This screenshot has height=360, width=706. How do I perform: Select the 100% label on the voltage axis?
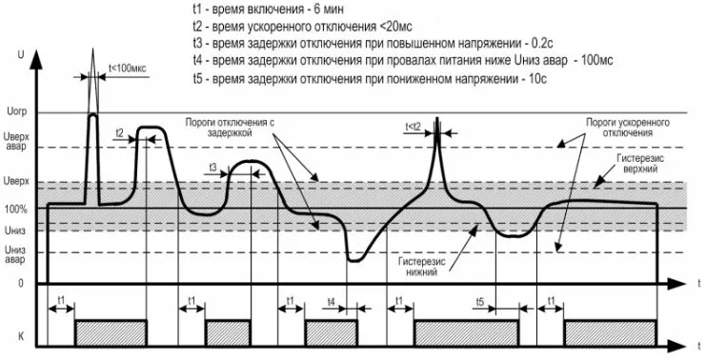point(16,209)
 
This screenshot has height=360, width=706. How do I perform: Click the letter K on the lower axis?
point(21,335)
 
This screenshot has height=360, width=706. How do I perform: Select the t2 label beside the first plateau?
point(119,132)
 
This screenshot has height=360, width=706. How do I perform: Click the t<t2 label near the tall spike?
point(413,125)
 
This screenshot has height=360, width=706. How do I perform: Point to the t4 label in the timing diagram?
point(330,302)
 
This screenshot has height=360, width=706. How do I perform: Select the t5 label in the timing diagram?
point(482,302)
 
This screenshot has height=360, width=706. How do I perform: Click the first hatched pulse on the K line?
point(111,331)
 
